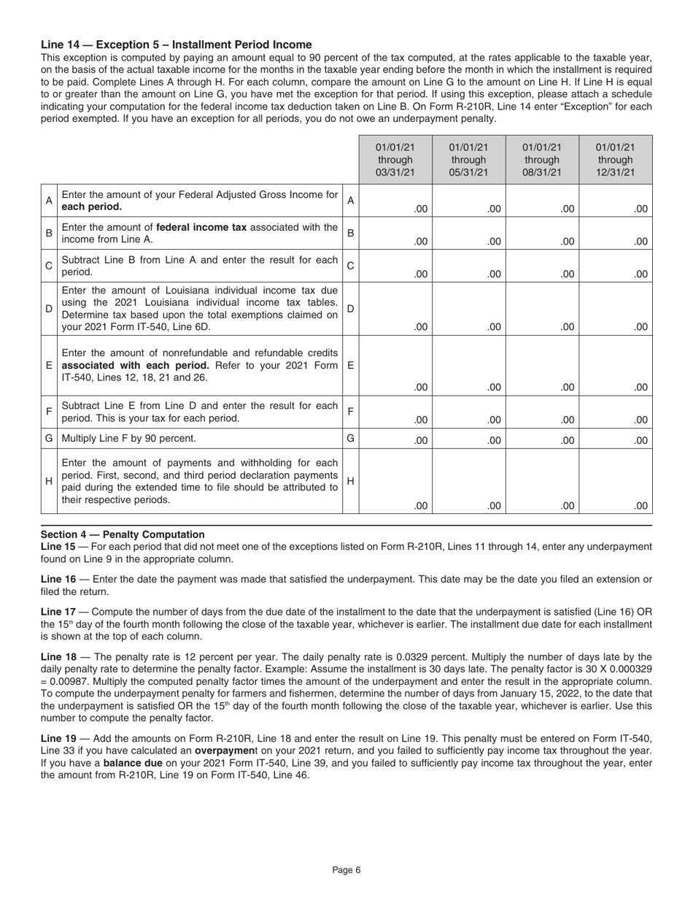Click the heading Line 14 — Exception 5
tap(176, 45)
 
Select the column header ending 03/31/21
tap(395, 160)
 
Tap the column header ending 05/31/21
tap(468, 160)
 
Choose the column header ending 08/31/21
tap(542, 160)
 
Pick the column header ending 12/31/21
tap(616, 160)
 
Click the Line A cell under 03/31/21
tap(395, 201)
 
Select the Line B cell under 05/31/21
tap(468, 234)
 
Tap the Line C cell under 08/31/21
tap(542, 266)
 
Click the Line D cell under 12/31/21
tap(616, 309)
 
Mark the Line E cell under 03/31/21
tap(395, 365)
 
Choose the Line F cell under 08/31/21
tap(542, 412)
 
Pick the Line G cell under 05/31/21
tap(468, 439)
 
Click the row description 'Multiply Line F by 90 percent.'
tap(128, 439)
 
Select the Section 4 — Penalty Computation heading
tap(123, 534)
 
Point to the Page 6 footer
tap(346, 870)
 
